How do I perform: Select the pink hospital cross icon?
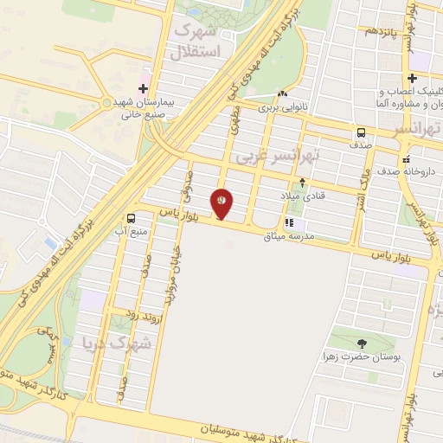(x=144, y=88)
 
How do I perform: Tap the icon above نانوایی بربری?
(x=282, y=94)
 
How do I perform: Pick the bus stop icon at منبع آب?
(x=131, y=219)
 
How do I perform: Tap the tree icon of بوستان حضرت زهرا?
(x=361, y=343)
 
